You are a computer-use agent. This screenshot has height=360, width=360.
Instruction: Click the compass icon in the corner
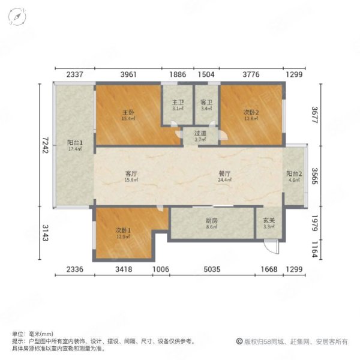tap(17, 17)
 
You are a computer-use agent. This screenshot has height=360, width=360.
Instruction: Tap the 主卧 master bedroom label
tap(128, 113)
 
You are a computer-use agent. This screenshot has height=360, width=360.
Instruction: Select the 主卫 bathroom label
tap(178, 102)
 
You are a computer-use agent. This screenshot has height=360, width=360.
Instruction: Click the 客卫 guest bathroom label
tap(206, 102)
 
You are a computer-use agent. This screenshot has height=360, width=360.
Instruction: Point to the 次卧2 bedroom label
tap(251, 113)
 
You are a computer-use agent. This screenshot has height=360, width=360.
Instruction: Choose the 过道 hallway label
tap(200, 133)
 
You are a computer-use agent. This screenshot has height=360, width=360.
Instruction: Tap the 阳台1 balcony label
tap(75, 143)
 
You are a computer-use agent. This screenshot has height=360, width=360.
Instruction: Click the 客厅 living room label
tap(131, 173)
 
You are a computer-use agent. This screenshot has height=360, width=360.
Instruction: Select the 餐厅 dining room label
tap(224, 173)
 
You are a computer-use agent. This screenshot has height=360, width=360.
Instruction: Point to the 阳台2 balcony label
tap(294, 174)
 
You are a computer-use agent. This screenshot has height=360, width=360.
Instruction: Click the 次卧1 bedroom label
tap(123, 230)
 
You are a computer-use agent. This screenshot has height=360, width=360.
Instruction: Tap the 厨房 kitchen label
tap(211, 221)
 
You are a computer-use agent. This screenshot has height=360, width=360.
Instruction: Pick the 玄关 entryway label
tap(269, 220)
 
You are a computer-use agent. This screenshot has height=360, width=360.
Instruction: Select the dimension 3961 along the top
tap(128, 74)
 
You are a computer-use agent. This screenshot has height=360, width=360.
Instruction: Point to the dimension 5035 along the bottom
tap(212, 269)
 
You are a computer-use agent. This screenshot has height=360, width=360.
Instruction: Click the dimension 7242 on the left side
tap(45, 145)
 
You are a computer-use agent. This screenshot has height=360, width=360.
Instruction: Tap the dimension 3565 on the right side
tap(314, 176)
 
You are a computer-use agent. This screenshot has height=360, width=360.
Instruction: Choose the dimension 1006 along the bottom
tap(161, 269)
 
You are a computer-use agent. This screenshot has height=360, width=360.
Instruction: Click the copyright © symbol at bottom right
tap(239, 341)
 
